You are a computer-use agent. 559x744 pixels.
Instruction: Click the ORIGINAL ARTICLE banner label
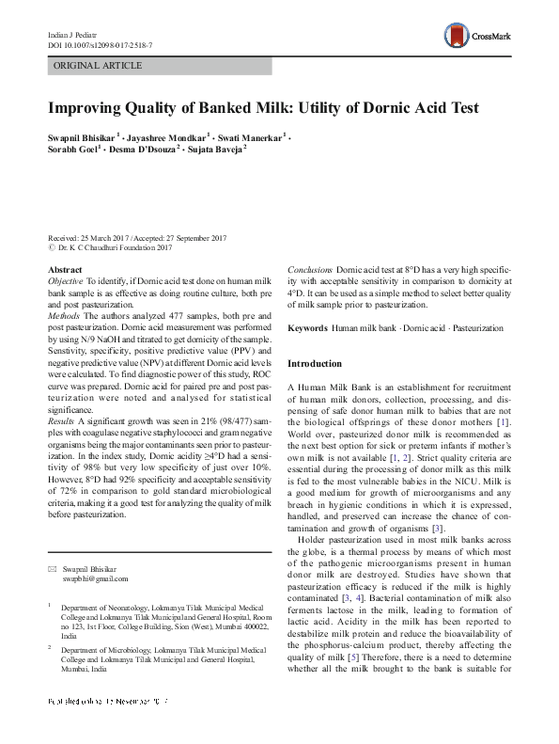pyautogui.click(x=99, y=66)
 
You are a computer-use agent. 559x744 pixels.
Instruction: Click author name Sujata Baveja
pyautogui.click(x=215, y=149)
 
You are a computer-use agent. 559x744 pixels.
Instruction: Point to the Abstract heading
pyautogui.click(x=65, y=270)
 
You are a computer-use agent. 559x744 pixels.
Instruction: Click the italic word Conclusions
pyautogui.click(x=310, y=270)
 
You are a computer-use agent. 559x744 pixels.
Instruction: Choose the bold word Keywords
pyautogui.click(x=307, y=328)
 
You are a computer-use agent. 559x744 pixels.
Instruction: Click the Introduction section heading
pyautogui.click(x=315, y=363)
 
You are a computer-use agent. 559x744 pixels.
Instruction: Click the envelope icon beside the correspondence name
pyautogui.click(x=52, y=569)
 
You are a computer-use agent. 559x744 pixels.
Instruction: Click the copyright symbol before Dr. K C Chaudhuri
pyautogui.click(x=51, y=247)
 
